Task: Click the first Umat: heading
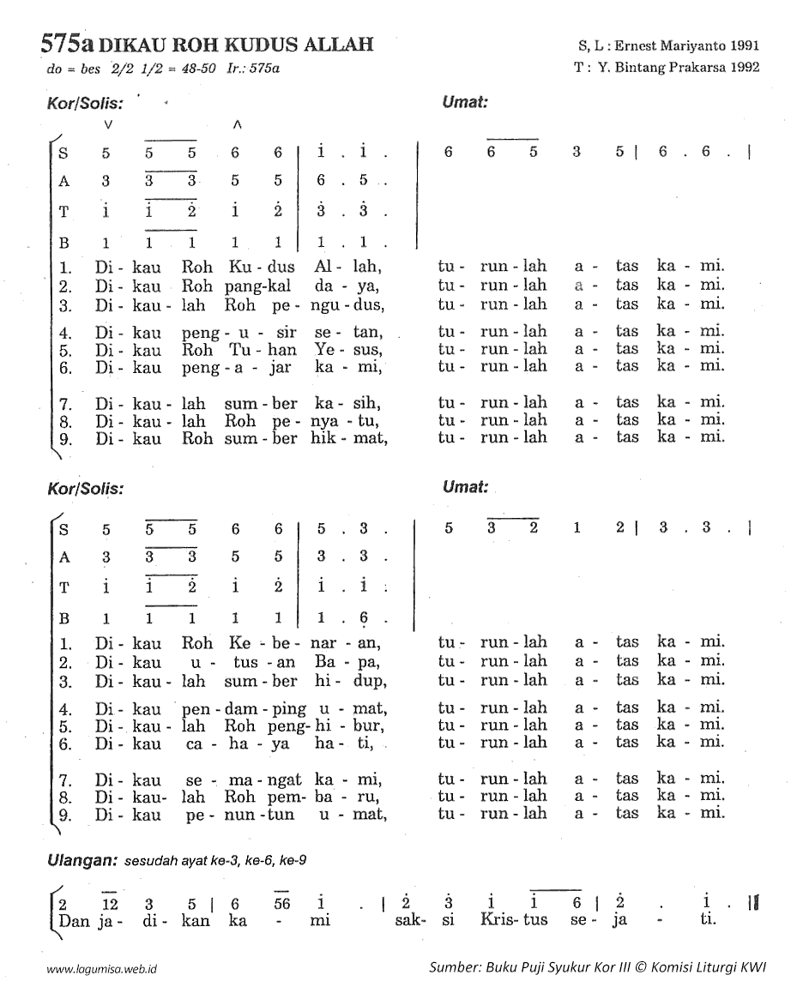(465, 101)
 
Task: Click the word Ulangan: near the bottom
(82, 858)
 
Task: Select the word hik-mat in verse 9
(352, 437)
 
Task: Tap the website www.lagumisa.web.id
(106, 968)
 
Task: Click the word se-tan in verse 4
(354, 332)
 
